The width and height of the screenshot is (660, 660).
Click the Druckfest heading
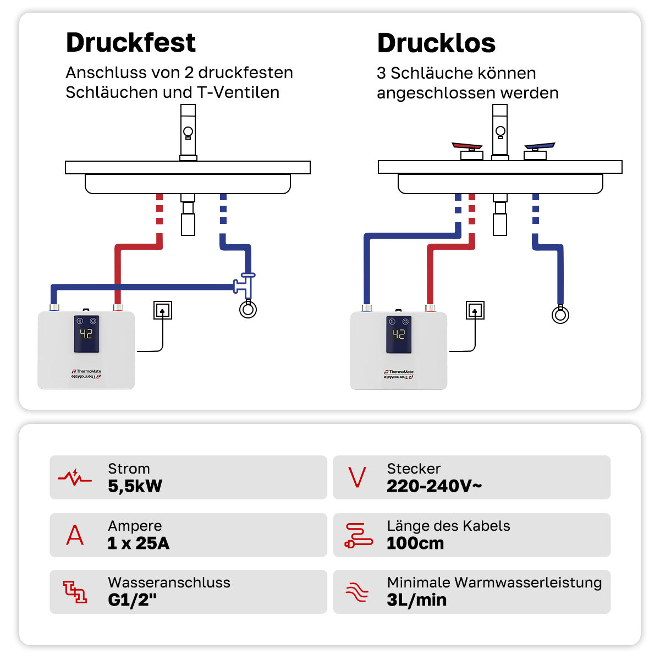click(130, 43)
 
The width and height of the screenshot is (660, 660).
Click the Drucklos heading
click(436, 43)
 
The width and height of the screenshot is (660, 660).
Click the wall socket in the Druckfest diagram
click(163, 310)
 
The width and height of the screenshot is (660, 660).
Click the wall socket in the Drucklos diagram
click(475, 310)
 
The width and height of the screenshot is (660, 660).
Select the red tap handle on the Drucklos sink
click(468, 146)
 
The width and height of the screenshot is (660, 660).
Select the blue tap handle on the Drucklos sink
click(539, 147)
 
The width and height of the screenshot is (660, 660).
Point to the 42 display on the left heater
click(86, 333)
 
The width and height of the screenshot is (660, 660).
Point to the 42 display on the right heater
click(399, 334)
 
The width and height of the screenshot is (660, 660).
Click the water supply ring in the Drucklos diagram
click(560, 315)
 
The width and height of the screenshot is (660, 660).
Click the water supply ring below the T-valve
click(248, 310)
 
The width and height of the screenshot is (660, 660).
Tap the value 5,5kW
click(135, 486)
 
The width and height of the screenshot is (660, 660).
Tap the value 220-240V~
click(434, 486)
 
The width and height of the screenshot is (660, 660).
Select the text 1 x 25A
click(139, 543)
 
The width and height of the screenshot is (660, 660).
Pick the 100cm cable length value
click(415, 543)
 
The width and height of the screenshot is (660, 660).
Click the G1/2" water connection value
click(132, 600)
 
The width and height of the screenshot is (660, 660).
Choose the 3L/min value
click(416, 600)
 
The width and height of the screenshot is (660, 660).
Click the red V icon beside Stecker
click(357, 477)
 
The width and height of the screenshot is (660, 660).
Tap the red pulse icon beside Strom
click(75, 477)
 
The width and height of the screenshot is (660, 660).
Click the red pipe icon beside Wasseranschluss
click(75, 592)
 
